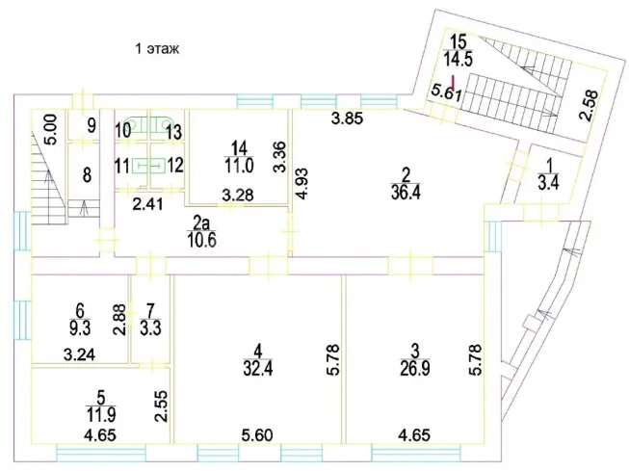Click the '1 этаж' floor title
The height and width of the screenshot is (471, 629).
point(157,49)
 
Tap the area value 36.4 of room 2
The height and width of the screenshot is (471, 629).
point(406,193)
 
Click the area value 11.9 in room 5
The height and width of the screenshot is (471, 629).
point(101,415)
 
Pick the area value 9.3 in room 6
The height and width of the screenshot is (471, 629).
point(80,327)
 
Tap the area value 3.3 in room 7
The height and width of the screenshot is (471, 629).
point(151,327)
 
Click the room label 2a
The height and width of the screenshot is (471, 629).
point(201,222)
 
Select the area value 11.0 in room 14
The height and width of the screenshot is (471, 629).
point(239,166)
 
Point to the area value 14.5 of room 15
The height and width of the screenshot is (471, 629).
point(459,59)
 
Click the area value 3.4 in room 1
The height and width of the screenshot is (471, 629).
point(549,183)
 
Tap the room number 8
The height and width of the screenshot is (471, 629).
point(87,175)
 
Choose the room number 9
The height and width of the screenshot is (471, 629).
point(92,126)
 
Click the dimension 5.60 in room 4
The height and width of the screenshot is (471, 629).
point(257,435)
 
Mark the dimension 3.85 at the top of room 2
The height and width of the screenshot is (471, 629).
point(347,118)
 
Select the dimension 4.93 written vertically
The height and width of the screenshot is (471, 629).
point(301,184)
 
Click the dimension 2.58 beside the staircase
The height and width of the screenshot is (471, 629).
point(590,106)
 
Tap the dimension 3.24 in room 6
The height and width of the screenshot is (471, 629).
point(79,354)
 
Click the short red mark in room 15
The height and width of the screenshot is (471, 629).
point(453,82)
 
